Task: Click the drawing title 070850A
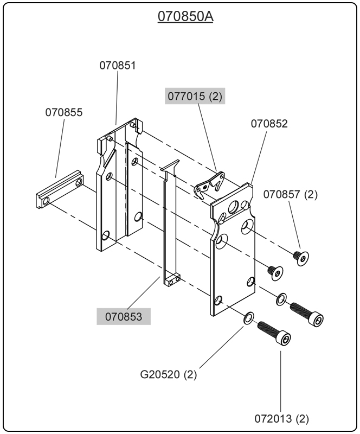pyautogui.click(x=185, y=17)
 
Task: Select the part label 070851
pyautogui.click(x=117, y=65)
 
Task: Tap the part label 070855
pyautogui.click(x=64, y=112)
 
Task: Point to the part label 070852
pyautogui.click(x=269, y=123)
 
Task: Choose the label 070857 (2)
pyautogui.click(x=291, y=194)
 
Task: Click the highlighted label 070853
pyautogui.click(x=124, y=316)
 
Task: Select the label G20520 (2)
pyautogui.click(x=169, y=374)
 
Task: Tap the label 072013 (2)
pyautogui.click(x=281, y=419)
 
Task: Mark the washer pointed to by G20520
pyautogui.click(x=248, y=318)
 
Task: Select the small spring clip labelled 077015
pyautogui.click(x=210, y=183)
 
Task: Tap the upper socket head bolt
pyautogui.click(x=307, y=314)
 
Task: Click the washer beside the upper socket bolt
pyautogui.click(x=281, y=299)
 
